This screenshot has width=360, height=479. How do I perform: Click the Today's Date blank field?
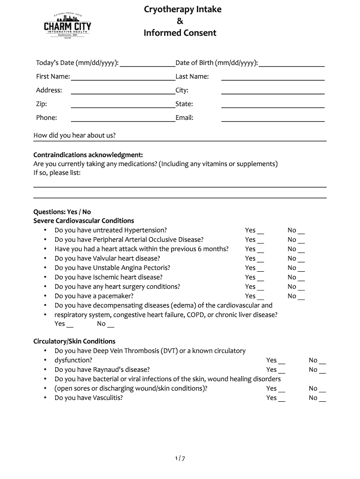[147, 64]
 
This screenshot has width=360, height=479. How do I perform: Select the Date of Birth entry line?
[291, 64]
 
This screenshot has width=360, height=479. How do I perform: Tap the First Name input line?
[122, 77]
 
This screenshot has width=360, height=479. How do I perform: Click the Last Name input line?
[273, 77]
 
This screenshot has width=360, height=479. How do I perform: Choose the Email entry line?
[273, 118]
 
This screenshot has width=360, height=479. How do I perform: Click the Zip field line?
[122, 105]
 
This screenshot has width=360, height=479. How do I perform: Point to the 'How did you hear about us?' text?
[74, 136]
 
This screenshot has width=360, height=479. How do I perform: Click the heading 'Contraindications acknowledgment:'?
[88, 155]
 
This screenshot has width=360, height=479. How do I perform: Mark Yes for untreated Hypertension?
[260, 231]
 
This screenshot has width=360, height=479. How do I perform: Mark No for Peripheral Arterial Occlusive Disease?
[301, 240]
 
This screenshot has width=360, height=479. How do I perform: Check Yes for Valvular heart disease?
[260, 259]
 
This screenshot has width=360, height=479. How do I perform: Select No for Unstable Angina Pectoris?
[301, 268]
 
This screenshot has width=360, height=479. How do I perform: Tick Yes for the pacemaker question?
[260, 296]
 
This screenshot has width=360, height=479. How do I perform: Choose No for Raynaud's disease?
[322, 370]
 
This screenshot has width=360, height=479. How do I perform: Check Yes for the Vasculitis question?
[281, 398]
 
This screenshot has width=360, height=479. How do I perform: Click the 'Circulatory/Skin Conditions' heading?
[74, 341]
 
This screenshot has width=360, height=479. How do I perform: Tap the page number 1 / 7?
[180, 459]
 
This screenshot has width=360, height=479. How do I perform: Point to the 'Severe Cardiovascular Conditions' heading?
[83, 221]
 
